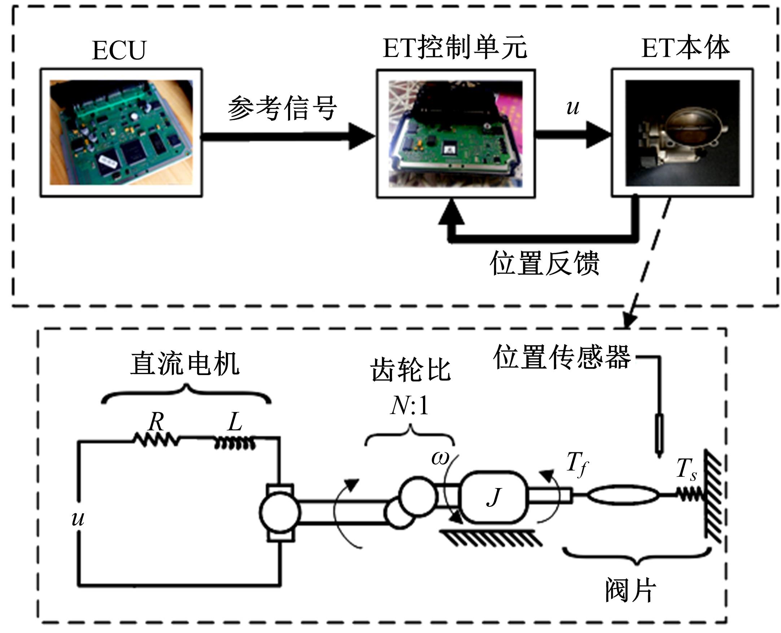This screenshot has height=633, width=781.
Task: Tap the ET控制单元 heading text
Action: click(455, 48)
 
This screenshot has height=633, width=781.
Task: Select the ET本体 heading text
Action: click(685, 48)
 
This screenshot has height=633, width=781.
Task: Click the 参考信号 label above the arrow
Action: click(282, 108)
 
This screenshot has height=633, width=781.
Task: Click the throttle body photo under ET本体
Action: click(682, 133)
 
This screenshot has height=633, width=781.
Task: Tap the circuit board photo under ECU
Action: click(121, 132)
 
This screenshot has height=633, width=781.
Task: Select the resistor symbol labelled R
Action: click(156, 440)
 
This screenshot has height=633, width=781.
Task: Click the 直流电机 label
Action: click(185, 364)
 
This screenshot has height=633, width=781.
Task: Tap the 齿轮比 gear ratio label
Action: click(411, 369)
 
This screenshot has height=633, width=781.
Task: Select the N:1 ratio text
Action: click(409, 405)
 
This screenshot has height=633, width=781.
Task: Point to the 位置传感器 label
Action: click(562, 357)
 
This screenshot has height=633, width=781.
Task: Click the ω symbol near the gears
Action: click(440, 458)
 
